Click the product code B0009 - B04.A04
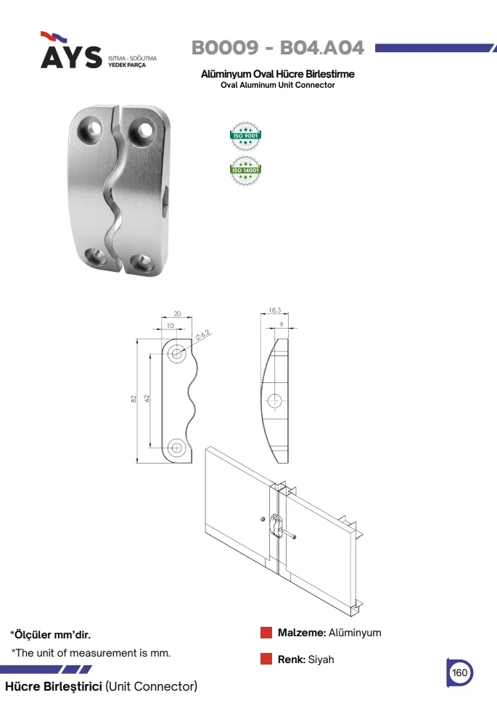(x=278, y=48)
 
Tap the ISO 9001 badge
(x=245, y=136)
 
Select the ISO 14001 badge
(x=245, y=170)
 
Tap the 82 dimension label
(x=134, y=398)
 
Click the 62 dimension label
(x=147, y=398)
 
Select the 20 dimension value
(x=177, y=313)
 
